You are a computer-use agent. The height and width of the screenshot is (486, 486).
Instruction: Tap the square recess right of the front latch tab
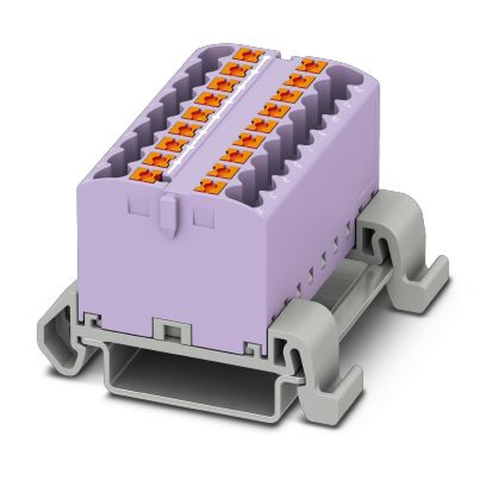tap(203, 217)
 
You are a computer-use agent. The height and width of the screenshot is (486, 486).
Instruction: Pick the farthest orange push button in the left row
tap(248, 54)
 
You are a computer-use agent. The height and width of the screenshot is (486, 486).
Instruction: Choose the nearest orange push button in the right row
tap(211, 186)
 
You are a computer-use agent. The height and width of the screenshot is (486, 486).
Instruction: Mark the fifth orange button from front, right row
tap(262, 125)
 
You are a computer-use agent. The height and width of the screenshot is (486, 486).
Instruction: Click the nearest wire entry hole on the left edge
tap(108, 168)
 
